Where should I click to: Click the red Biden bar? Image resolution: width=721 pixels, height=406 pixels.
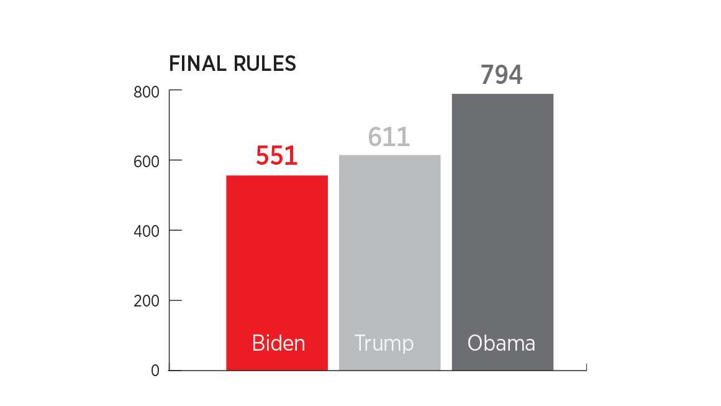coord(277,272)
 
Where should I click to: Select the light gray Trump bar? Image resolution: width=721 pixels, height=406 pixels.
coord(389,262)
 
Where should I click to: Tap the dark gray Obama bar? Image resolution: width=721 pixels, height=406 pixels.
coord(502,232)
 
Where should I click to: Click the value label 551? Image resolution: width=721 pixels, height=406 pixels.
coord(276,155)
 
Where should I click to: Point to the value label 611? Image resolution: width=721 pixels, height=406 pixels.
coord(389,137)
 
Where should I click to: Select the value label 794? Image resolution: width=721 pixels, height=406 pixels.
coord(501,75)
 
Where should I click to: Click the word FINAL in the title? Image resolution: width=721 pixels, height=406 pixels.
coord(197,63)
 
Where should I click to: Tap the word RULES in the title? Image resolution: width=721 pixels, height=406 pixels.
coord(265,63)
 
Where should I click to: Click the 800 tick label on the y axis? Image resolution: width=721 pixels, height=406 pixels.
coord(146,92)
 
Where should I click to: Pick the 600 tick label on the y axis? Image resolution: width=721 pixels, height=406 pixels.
coord(146,162)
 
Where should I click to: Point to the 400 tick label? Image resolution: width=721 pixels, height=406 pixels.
coord(146,231)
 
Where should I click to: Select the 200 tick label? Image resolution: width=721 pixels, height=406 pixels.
coord(146,301)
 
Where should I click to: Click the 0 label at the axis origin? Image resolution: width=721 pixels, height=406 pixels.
coord(155,371)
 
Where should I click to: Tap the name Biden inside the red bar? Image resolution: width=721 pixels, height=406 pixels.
coord(279,343)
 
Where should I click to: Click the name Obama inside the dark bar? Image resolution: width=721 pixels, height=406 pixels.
coord(501,343)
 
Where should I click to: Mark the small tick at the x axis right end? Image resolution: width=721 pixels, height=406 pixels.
coord(586,367)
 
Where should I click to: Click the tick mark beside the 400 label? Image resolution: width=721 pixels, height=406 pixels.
coord(176,230)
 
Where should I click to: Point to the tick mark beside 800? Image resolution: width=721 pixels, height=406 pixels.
coord(176,90)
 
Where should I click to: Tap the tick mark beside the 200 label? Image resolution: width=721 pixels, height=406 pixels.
coord(176,300)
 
